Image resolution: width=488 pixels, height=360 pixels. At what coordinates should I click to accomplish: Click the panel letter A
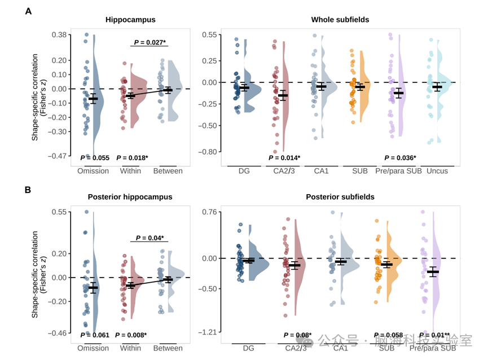29,11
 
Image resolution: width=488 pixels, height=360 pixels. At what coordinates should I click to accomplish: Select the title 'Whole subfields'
340,20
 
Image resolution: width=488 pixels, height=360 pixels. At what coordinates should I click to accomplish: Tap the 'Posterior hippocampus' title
130,197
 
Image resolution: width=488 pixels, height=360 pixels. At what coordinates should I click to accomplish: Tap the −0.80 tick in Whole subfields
210,152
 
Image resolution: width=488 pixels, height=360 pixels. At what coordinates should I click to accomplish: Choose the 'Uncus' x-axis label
437,171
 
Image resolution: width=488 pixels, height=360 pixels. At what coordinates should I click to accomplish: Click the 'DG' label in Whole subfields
244,171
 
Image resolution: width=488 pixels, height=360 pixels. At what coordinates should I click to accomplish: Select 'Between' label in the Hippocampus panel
168,171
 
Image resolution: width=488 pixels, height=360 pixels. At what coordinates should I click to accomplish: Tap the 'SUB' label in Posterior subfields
386,348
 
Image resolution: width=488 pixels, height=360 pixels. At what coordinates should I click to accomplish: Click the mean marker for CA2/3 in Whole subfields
282,95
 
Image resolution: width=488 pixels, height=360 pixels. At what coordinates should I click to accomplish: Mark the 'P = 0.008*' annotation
131,335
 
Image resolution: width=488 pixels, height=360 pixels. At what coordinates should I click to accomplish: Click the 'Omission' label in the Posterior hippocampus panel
93,348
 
